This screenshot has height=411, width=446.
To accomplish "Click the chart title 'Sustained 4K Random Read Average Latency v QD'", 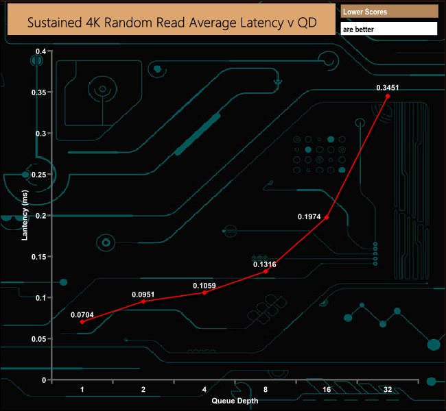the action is (172, 23).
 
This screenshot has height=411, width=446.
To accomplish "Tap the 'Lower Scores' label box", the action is (389, 12).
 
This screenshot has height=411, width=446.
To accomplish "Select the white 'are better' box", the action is (389, 29).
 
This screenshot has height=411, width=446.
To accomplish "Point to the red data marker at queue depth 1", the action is (82, 322).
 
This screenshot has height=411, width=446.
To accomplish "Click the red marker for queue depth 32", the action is (388, 96).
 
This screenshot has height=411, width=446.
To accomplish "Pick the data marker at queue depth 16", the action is (327, 217).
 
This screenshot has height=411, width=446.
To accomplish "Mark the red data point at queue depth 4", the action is (204, 292).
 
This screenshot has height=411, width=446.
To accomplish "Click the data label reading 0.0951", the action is (143, 295).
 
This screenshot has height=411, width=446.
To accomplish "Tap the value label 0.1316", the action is (265, 264).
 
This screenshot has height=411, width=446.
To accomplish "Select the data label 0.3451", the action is (388, 88).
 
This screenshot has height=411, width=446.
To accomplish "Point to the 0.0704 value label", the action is (82, 314).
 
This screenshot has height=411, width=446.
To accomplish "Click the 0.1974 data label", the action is (309, 216).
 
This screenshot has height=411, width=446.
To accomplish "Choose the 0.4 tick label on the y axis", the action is (40, 51).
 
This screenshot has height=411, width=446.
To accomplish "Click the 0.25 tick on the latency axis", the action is (38, 175).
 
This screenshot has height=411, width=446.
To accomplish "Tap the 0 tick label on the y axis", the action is (44, 380).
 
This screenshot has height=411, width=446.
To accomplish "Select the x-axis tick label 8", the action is (266, 389).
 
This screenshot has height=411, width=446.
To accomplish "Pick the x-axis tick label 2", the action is (143, 389).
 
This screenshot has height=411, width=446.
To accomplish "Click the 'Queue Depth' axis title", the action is (235, 401).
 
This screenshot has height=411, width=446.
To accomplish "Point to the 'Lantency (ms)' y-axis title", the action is (25, 215).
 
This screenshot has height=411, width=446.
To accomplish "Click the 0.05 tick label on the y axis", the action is (38, 339).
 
